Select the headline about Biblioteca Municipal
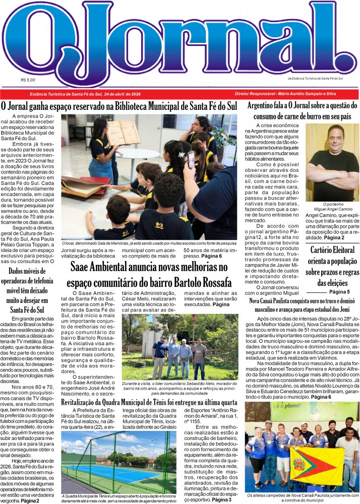click(x=119, y=106)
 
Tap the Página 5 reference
click(x=339, y=292)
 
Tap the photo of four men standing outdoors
click(x=180, y=347)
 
